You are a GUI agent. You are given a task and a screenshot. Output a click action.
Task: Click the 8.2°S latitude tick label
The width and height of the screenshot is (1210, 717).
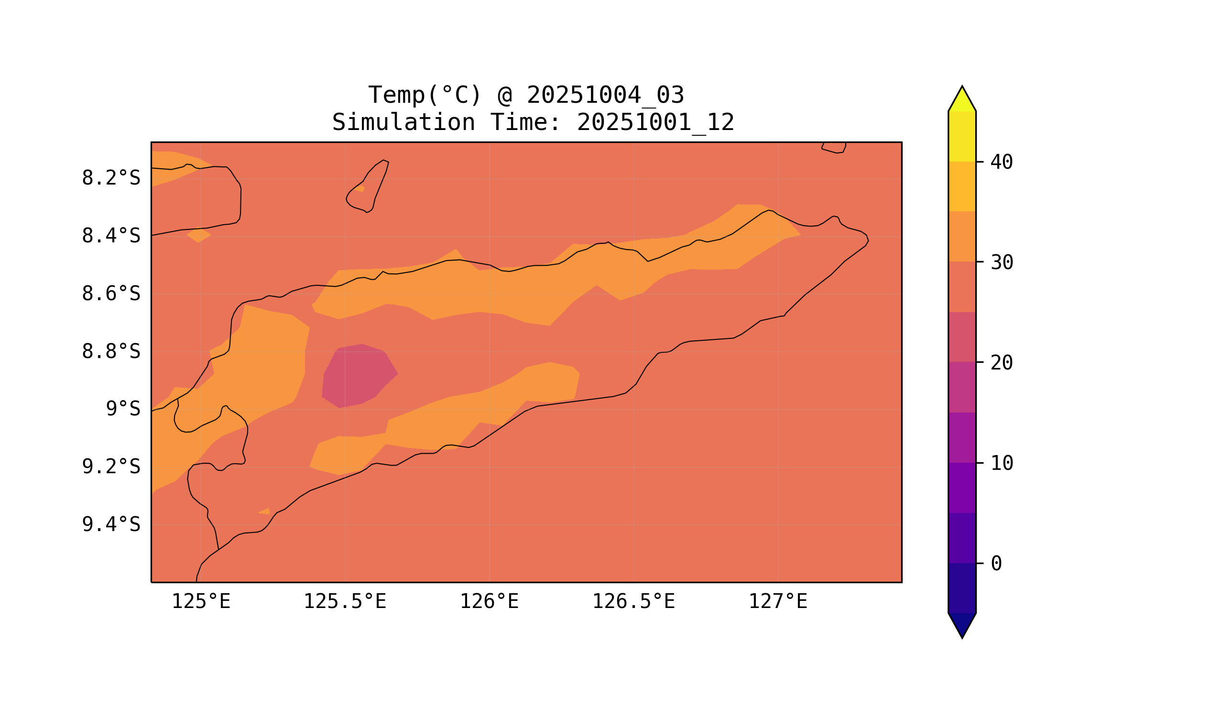110,178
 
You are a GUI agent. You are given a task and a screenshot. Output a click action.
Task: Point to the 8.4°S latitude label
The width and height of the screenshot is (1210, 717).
110,236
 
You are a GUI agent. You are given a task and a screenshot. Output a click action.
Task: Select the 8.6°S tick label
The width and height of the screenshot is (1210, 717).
110,294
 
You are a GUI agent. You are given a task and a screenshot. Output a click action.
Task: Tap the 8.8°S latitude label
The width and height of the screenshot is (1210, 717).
110,352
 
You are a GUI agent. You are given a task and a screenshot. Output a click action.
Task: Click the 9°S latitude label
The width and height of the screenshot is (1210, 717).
123,409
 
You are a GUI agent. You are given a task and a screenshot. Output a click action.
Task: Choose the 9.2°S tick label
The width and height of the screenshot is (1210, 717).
110,467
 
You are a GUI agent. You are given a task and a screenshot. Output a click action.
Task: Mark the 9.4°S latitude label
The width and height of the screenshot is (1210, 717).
110,525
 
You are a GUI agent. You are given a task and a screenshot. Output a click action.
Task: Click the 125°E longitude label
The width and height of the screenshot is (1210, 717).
201,602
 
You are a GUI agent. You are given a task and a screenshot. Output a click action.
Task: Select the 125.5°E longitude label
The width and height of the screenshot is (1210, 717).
345,602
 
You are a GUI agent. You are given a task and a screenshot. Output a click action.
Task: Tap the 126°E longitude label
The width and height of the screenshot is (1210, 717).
489,602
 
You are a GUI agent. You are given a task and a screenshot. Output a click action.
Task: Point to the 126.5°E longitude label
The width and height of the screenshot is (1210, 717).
633,602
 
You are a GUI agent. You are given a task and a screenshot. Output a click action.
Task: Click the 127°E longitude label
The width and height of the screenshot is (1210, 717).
777,602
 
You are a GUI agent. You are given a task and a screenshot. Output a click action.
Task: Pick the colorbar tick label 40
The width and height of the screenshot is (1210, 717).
1001,163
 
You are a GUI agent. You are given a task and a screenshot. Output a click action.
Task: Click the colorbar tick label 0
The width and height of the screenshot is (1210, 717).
996,564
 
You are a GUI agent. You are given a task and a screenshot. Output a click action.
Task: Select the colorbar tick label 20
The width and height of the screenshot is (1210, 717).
1001,363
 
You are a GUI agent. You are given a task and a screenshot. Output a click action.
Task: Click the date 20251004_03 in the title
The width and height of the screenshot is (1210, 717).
605,95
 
